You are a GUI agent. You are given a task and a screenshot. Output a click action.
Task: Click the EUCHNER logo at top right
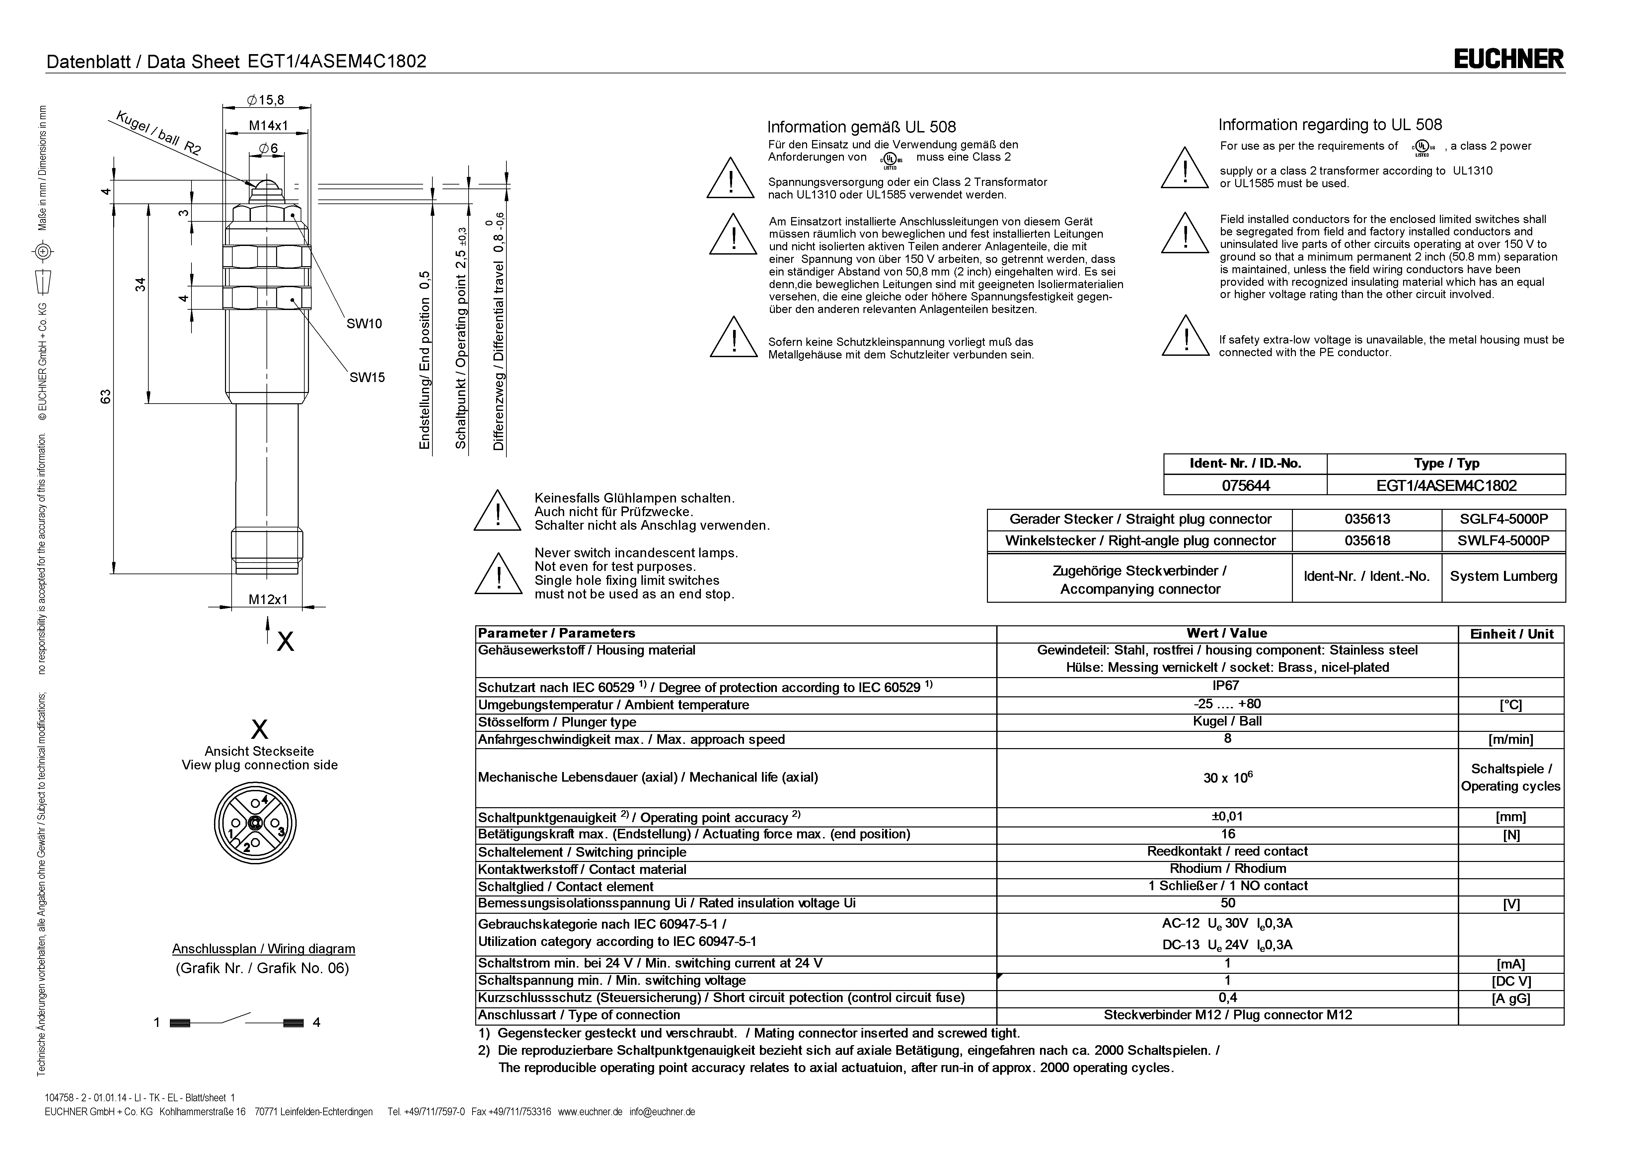coord(1508,59)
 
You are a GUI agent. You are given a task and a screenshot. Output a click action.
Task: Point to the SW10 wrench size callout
coord(364,324)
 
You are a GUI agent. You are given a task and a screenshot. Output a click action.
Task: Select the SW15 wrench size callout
coord(367,377)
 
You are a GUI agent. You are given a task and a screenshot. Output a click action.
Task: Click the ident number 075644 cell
coord(1245,486)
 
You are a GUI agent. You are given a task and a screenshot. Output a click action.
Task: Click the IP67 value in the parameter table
coord(1227,686)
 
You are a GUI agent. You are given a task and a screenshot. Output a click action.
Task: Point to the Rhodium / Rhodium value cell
coord(1227,869)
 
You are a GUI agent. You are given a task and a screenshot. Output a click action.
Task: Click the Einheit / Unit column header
coord(1511,634)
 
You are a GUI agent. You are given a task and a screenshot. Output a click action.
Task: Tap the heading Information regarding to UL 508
coord(1330,125)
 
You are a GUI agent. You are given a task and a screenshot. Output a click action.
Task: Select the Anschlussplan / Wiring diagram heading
coord(263,949)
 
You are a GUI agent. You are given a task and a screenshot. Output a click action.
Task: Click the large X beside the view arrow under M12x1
coord(285,641)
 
